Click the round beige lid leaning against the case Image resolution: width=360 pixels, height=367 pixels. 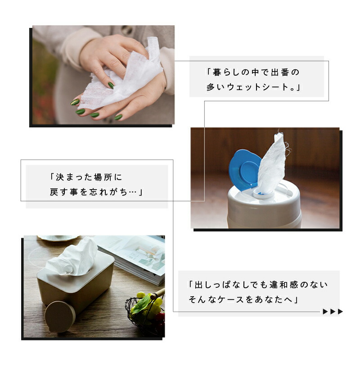click(60, 316)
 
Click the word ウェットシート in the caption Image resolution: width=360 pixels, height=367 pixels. click(257, 87)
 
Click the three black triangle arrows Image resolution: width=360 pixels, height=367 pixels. click(333, 312)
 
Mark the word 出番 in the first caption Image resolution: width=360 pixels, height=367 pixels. click(280, 72)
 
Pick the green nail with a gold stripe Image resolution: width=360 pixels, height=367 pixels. click(75, 102)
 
